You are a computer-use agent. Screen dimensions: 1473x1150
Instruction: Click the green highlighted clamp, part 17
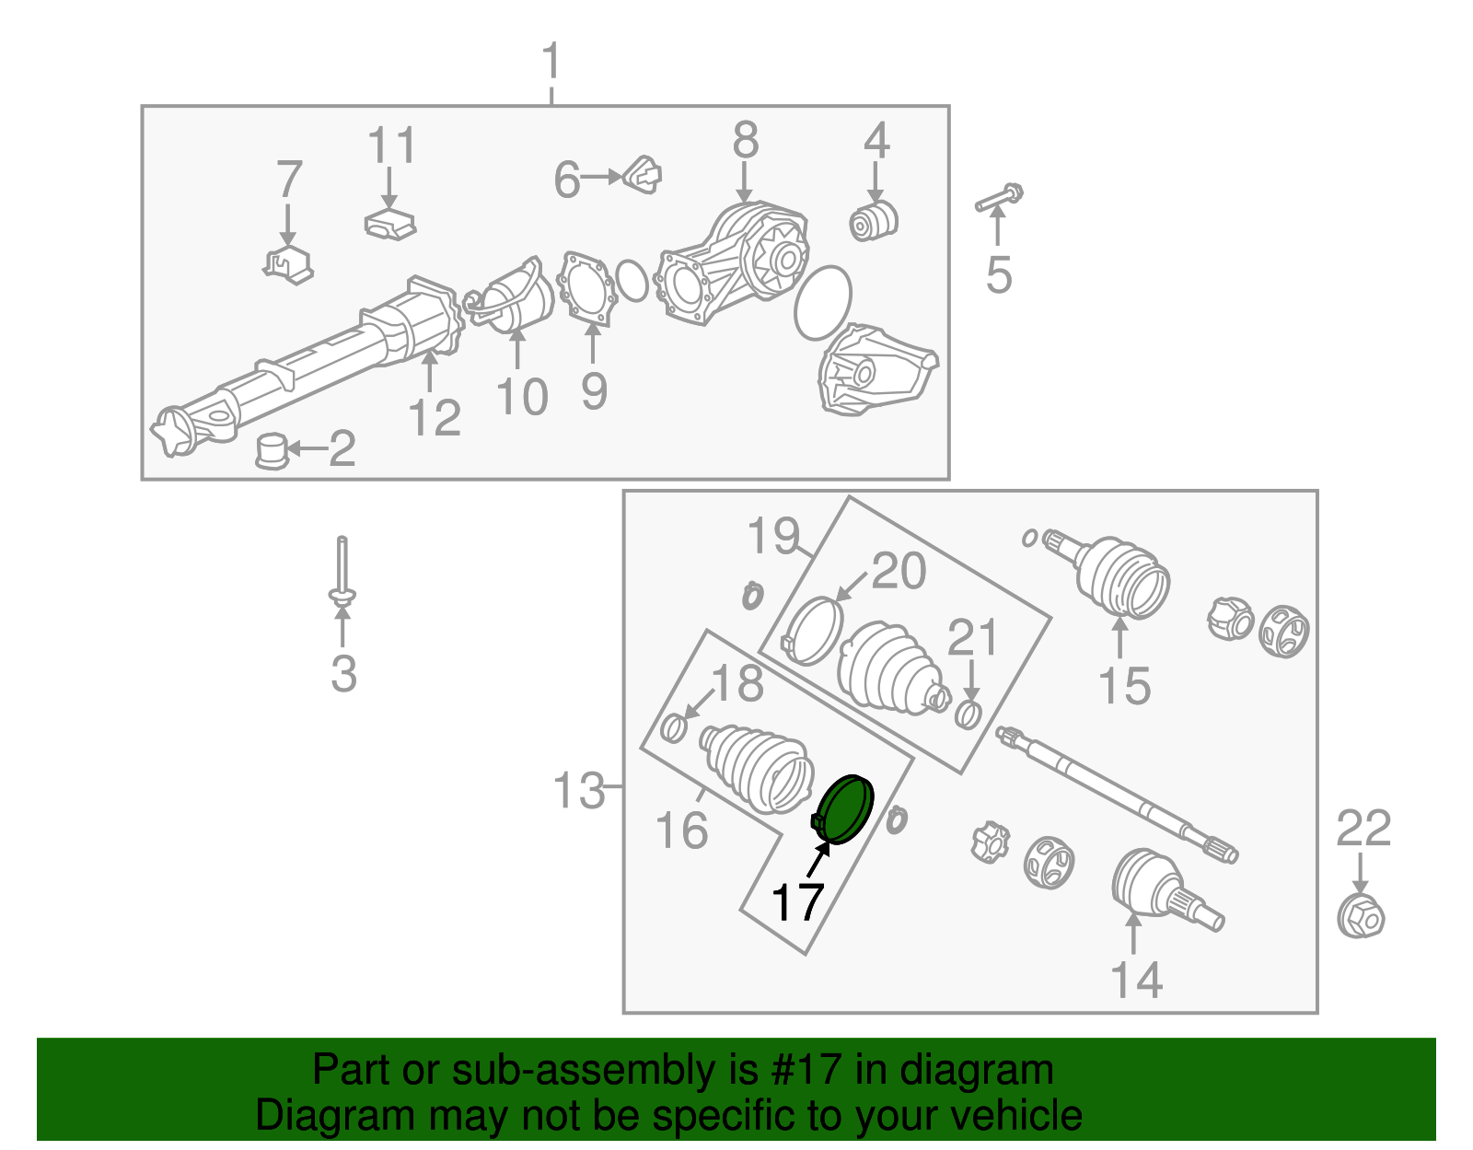(844, 809)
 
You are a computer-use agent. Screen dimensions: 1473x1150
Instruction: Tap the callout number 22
(1363, 828)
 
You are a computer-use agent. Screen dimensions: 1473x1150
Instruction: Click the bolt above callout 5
(999, 197)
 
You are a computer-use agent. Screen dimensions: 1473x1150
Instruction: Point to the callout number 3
(343, 674)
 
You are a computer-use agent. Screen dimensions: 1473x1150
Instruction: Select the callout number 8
(746, 140)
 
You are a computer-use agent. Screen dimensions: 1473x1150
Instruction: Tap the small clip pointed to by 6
(643, 175)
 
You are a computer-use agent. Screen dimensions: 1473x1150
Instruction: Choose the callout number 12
(435, 417)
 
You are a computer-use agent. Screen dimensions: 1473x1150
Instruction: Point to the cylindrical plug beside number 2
(273, 450)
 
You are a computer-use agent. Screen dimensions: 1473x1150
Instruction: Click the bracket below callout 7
(288, 264)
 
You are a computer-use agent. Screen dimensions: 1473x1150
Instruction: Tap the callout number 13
(578, 790)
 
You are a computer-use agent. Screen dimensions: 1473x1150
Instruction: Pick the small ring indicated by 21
(968, 714)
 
